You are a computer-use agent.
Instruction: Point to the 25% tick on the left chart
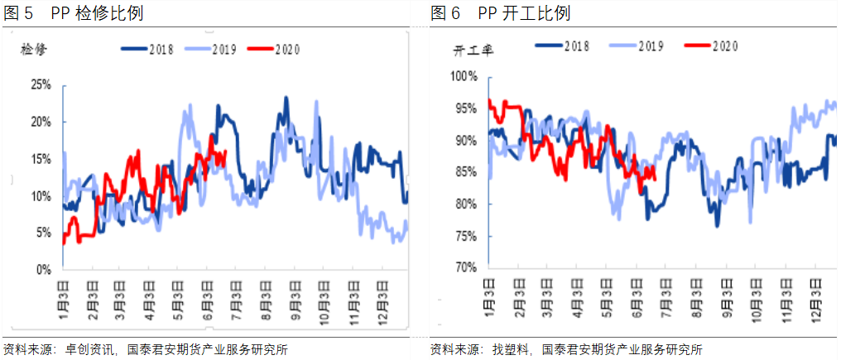41,84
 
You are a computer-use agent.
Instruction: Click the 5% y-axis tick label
43,233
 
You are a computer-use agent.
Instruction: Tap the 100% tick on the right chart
464,77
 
